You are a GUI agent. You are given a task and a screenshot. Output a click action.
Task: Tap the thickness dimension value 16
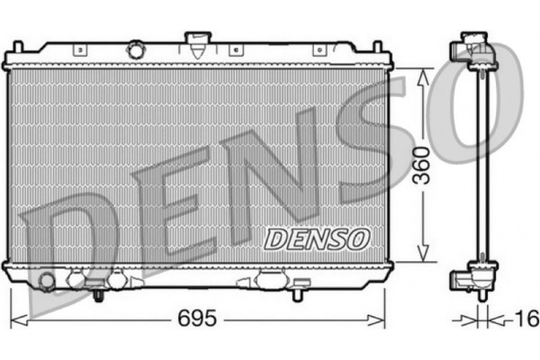click(526, 319)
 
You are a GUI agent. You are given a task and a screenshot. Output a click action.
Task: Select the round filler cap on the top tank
click(136, 49)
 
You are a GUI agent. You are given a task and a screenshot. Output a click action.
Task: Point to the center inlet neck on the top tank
click(196, 40)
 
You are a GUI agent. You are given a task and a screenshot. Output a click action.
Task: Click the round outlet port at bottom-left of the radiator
click(46, 282)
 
